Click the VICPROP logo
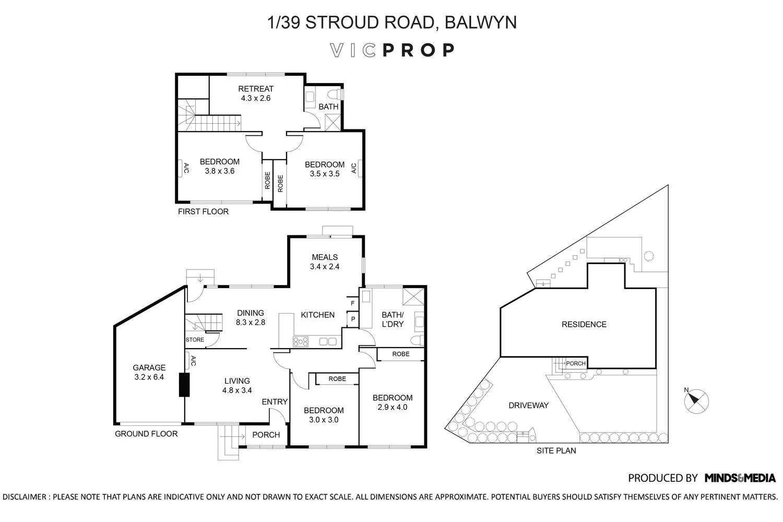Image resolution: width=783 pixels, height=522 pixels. [392, 50]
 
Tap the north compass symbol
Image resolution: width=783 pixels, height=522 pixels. [696, 401]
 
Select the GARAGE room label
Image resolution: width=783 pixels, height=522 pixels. [149, 372]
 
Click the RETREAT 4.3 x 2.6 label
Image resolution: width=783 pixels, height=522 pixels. [256, 93]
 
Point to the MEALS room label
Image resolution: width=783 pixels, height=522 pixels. [325, 262]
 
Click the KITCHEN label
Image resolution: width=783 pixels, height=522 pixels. [317, 315]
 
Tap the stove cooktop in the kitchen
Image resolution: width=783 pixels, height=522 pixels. [301, 341]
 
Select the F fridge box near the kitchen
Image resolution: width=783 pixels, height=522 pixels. [353, 303]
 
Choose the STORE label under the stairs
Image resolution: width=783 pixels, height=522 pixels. [195, 340]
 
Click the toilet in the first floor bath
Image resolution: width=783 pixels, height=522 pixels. [336, 94]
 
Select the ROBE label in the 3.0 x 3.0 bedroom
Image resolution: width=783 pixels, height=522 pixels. [337, 379]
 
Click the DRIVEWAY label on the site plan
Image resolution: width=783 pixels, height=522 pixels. [528, 405]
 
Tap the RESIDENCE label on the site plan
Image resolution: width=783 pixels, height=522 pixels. [584, 324]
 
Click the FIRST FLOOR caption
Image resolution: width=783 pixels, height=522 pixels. [203, 211]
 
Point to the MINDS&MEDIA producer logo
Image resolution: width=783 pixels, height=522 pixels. [740, 478]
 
